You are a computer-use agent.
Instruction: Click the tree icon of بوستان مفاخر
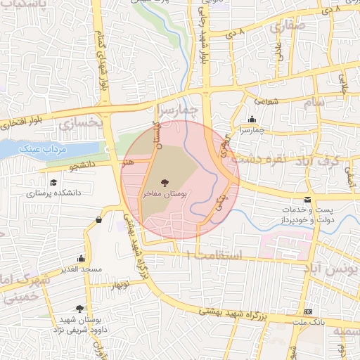tap(164, 181)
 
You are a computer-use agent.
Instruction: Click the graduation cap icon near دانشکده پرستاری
tap(54, 183)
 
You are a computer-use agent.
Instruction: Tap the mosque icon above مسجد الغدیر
tap(81, 258)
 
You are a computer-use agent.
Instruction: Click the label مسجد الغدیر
tap(82, 269)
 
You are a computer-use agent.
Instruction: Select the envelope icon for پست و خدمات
tap(307, 200)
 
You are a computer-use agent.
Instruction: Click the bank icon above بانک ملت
tap(308, 311)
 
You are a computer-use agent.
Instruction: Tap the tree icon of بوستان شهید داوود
tap(80, 309)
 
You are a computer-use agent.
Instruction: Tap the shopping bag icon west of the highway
tap(98, 220)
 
